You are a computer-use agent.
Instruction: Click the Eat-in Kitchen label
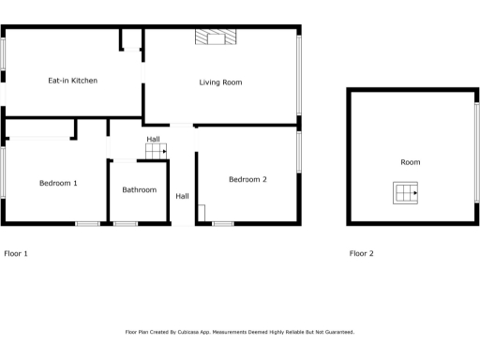click(72, 81)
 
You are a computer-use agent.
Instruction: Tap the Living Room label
click(220, 82)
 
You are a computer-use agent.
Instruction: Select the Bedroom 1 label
click(58, 183)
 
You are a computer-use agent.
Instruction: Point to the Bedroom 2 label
click(247, 178)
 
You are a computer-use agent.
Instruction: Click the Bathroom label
click(139, 189)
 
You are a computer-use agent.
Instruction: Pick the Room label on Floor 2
click(410, 162)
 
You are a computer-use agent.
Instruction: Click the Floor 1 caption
click(16, 253)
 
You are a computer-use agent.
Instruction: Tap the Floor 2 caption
click(361, 253)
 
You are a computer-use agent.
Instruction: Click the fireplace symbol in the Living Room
click(216, 37)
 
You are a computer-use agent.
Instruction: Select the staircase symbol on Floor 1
click(156, 150)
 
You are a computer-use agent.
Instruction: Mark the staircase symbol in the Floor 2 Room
click(405, 193)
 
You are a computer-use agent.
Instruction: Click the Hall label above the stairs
click(153, 139)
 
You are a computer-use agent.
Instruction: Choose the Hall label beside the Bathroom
click(182, 196)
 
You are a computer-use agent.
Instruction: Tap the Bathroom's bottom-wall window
click(125, 223)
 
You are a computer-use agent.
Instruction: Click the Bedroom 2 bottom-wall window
click(223, 223)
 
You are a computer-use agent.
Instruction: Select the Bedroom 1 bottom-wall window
click(87, 223)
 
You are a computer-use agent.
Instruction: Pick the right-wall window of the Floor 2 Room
click(476, 157)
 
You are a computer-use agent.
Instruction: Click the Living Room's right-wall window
click(300, 75)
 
